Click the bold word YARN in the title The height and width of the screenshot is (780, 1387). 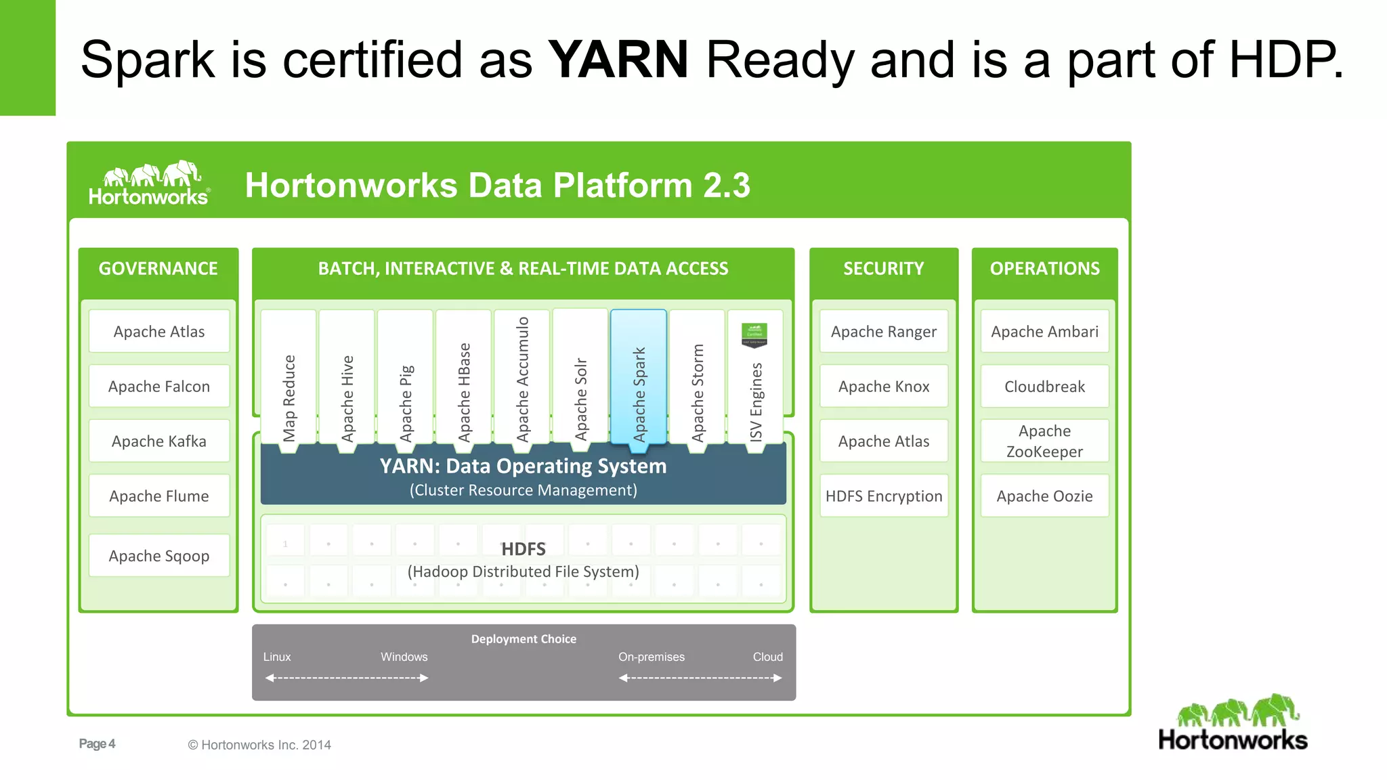click(x=618, y=60)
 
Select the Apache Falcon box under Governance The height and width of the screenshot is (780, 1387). click(x=159, y=386)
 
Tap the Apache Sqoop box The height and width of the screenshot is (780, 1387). click(x=159, y=555)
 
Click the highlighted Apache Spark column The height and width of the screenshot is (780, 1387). click(x=639, y=379)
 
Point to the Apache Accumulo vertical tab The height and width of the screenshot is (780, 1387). click(x=521, y=379)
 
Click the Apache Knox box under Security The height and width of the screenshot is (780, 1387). click(x=883, y=386)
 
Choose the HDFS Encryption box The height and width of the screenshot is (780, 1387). click(x=883, y=496)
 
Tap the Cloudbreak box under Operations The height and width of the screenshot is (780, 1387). click(x=1044, y=386)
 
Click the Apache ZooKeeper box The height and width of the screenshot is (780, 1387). click(x=1044, y=441)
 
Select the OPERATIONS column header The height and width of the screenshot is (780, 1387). click(x=1044, y=269)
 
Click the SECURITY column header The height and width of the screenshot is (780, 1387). click(x=883, y=269)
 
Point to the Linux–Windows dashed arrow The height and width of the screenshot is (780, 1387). click(x=347, y=678)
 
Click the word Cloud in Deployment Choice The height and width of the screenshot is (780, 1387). click(x=767, y=657)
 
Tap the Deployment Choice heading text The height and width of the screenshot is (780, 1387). click(x=524, y=638)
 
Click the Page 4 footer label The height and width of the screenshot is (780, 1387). click(x=97, y=743)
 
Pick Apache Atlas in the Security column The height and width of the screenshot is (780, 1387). click(x=883, y=441)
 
